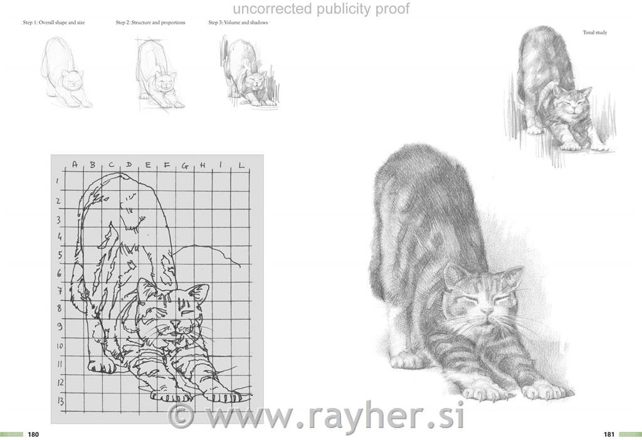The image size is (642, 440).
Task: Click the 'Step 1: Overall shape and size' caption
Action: click(54, 23)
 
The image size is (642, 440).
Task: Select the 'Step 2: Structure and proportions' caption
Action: click(150, 23)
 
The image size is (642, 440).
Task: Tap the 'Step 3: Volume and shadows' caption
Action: click(238, 23)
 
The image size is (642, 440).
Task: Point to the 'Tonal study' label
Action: click(595, 33)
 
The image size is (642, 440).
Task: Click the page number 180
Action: click(33, 434)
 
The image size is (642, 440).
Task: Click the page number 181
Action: click(609, 434)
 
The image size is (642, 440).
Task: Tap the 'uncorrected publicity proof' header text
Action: click(321, 9)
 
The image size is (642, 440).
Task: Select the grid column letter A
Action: click(75, 164)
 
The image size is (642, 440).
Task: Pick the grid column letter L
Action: click(241, 165)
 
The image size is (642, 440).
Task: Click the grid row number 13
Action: click(60, 401)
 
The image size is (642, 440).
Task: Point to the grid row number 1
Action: click(58, 181)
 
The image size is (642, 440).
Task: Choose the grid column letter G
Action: click(185, 166)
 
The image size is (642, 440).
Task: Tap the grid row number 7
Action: click(59, 291)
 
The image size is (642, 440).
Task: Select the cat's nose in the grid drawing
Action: click(176, 325)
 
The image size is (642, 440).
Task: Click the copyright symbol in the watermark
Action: click(181, 416)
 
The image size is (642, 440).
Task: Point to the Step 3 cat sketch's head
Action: click(255, 80)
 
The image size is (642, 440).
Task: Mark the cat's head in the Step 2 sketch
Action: click(166, 82)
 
